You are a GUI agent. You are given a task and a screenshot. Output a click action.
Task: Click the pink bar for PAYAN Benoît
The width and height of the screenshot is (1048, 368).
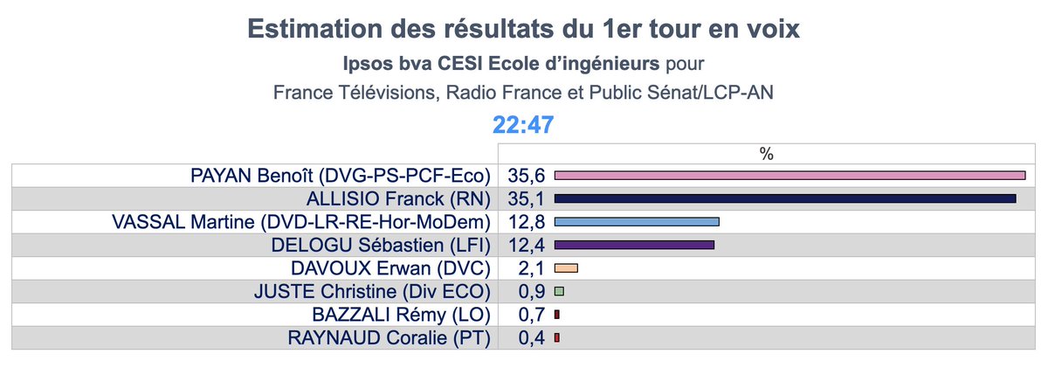click(x=789, y=176)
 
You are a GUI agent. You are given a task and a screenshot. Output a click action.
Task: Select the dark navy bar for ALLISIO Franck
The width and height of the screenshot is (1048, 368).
click(x=785, y=198)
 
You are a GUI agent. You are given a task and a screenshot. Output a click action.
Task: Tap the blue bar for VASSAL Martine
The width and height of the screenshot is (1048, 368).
click(x=637, y=222)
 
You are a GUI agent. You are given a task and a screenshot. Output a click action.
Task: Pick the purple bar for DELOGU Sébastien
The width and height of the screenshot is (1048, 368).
click(x=634, y=245)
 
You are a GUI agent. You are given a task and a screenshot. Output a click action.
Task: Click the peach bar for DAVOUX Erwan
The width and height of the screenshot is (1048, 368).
click(x=567, y=267)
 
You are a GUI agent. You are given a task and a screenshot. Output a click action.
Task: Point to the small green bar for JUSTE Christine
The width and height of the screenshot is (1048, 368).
click(x=559, y=291)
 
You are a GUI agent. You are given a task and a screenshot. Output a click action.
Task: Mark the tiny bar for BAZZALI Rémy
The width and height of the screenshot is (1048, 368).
click(x=556, y=314)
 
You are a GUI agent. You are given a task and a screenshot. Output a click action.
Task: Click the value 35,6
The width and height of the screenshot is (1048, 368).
click(x=526, y=176)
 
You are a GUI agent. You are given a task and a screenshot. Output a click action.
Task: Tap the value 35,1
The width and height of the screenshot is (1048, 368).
click(x=526, y=198)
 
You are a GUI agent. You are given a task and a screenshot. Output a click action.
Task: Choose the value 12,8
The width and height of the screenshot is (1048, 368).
click(x=526, y=222)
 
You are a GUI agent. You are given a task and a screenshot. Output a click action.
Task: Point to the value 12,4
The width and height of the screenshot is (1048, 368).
click(x=526, y=245)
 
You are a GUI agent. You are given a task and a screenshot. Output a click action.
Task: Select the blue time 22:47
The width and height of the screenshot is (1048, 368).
click(x=523, y=125)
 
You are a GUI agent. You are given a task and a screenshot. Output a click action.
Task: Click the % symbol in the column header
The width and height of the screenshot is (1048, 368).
click(x=767, y=154)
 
